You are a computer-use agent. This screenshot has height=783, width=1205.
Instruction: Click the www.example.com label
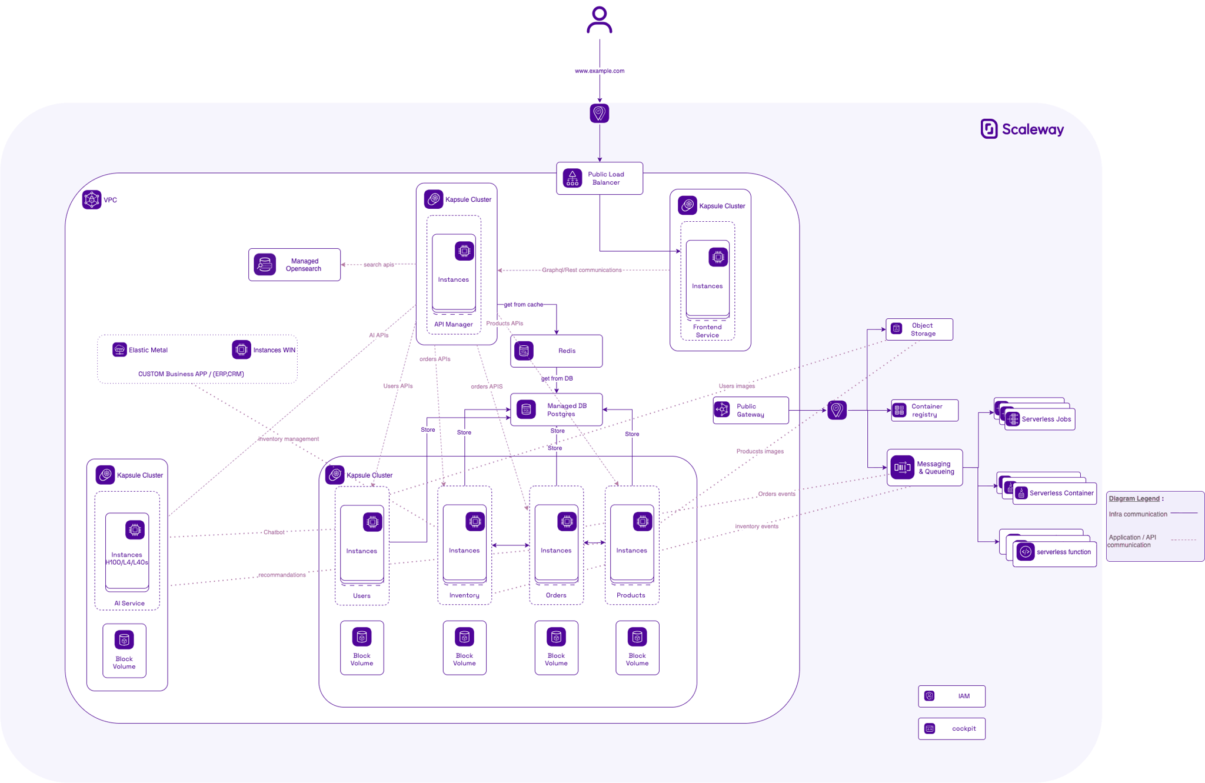click(599, 71)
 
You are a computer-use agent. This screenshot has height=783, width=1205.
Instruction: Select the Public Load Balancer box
click(599, 178)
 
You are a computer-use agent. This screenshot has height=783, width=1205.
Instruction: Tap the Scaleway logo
click(1022, 129)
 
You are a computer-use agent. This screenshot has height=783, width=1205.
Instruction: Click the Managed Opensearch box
click(294, 265)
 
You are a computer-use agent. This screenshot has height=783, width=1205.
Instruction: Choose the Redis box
click(556, 351)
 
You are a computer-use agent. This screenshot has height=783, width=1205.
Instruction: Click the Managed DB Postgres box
click(556, 409)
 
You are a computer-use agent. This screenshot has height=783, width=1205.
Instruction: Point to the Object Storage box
click(919, 329)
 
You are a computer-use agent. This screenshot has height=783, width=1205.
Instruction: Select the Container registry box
click(924, 410)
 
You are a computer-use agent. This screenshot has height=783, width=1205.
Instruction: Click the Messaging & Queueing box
click(924, 468)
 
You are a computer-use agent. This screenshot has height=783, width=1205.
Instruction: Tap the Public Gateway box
click(750, 410)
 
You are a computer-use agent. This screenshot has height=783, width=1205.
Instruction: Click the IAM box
click(951, 696)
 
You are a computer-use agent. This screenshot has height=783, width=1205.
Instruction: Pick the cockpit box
click(951, 728)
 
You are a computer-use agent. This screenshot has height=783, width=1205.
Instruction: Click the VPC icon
click(92, 199)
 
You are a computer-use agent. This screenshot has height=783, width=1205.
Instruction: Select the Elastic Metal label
click(148, 350)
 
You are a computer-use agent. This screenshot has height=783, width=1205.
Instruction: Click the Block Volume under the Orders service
click(556, 648)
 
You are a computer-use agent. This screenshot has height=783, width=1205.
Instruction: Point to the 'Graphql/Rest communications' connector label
click(581, 270)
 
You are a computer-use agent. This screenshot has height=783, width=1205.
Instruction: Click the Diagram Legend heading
click(1135, 498)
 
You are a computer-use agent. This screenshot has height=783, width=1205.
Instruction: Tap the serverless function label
click(1063, 552)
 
